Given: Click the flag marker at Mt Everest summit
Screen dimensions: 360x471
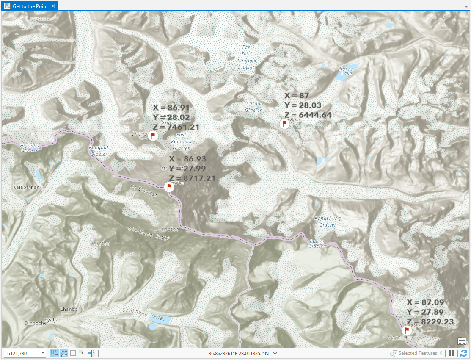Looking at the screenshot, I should tap(168, 187).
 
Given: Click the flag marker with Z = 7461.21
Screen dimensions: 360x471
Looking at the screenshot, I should tap(153, 136).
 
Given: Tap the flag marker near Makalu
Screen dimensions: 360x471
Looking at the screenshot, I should tap(407, 330).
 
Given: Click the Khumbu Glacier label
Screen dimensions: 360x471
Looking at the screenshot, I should tap(30, 147).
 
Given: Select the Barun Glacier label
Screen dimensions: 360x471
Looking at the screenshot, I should tap(317, 244).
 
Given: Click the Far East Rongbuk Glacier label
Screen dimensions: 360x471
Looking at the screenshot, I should tap(246, 57).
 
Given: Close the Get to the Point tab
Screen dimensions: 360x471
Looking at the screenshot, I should tap(53, 6).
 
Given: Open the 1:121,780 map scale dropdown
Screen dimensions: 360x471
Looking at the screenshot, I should tap(43, 353).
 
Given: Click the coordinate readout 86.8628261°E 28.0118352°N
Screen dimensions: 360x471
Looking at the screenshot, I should tap(239, 353).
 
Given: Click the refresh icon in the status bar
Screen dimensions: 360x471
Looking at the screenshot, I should tap(464, 353).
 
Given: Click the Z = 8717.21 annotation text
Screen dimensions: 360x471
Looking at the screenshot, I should tap(192, 178).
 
